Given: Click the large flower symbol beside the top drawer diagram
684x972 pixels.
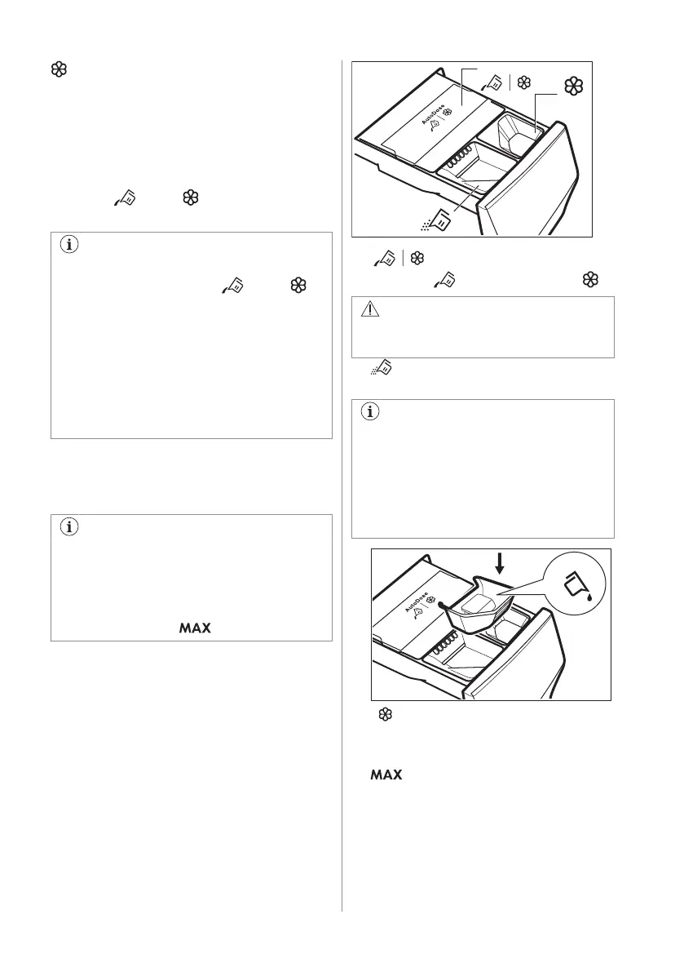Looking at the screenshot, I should pos(576,85).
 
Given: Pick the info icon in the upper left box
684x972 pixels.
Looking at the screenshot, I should pos(68,246).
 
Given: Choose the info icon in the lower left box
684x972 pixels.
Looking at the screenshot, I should pos(68,527).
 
